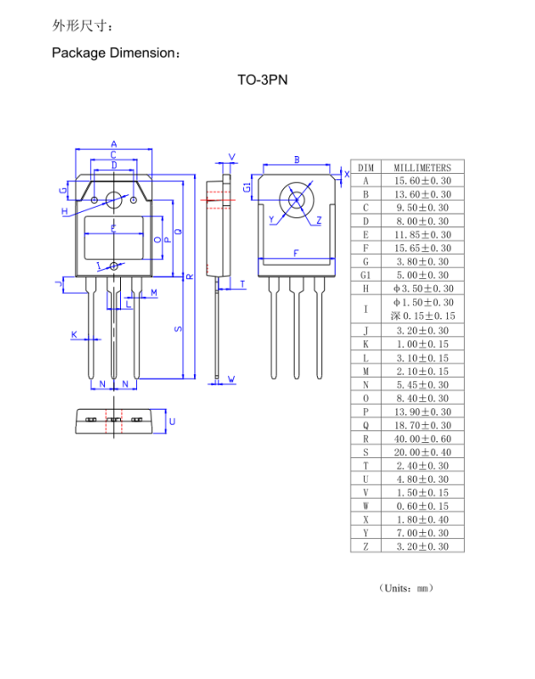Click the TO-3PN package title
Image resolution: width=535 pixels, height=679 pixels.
(x=262, y=79)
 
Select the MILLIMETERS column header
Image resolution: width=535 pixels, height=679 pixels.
(x=422, y=167)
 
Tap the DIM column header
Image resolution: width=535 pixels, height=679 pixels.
(x=366, y=167)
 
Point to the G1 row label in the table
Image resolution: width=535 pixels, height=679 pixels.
(x=366, y=275)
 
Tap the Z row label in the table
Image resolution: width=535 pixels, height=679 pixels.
(x=366, y=546)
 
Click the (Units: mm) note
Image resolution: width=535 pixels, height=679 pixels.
(x=405, y=588)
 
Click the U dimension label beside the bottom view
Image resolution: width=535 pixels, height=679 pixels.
(x=172, y=421)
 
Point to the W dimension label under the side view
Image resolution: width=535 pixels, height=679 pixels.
(x=231, y=380)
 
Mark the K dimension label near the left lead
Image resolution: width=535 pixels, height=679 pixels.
(x=75, y=335)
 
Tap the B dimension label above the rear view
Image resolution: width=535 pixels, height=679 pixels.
(x=296, y=160)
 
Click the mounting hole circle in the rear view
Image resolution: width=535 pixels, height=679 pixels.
(x=296, y=200)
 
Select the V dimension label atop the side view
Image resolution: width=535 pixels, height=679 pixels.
(x=232, y=157)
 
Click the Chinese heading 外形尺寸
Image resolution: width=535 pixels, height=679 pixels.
(x=84, y=25)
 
